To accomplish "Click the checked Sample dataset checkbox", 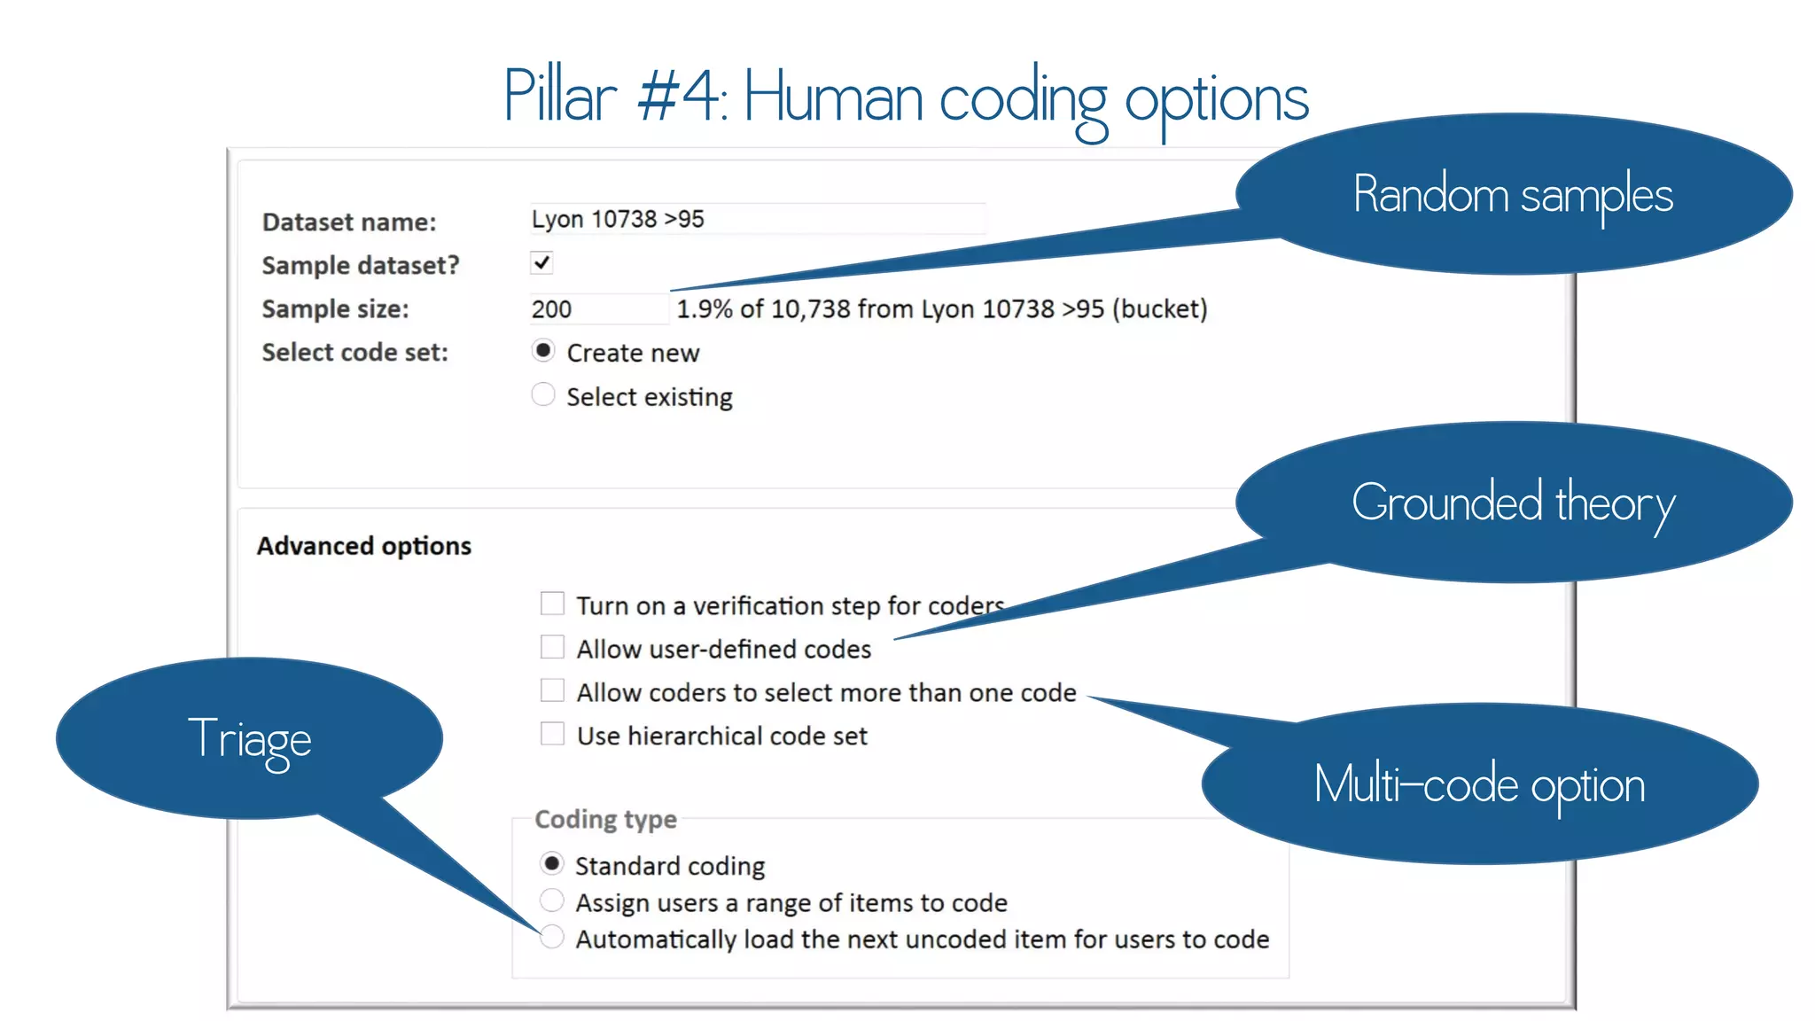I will click(x=541, y=263).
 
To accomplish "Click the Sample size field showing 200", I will click(x=598, y=309).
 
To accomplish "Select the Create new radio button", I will click(x=543, y=351).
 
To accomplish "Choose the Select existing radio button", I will click(x=543, y=394).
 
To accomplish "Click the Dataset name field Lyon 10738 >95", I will click(x=757, y=219).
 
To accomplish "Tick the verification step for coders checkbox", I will click(x=552, y=604).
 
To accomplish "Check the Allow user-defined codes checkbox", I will click(x=552, y=648).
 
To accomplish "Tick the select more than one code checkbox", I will click(x=552, y=691).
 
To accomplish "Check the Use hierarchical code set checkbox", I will click(x=552, y=735).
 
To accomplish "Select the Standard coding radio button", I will click(x=552, y=863).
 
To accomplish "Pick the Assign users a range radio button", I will click(x=552, y=900).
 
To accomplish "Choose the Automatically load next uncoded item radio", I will click(x=552, y=937).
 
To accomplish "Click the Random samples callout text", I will click(x=1512, y=195).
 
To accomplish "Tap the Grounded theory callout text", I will click(x=1512, y=503).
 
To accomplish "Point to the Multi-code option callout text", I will click(x=1478, y=785).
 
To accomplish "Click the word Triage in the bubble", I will click(x=250, y=739).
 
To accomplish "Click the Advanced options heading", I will click(x=364, y=546).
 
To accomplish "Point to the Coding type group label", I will click(x=605, y=819).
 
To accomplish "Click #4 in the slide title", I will click(x=680, y=96).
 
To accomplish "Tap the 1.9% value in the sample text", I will click(x=705, y=309).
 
